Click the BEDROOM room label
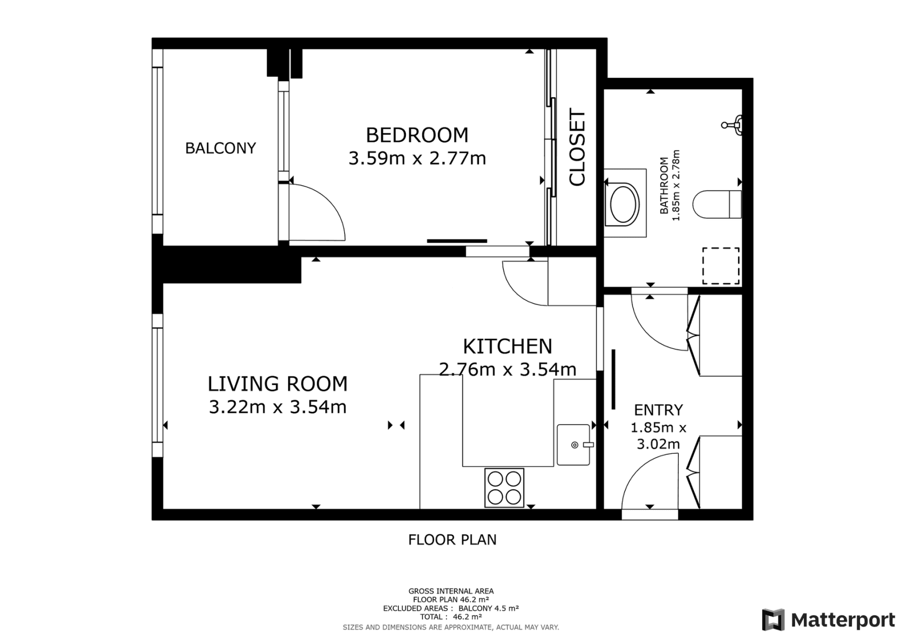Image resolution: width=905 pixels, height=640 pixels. [417, 135]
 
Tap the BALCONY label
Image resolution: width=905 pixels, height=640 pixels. [220, 148]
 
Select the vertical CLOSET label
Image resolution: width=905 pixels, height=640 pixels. [578, 147]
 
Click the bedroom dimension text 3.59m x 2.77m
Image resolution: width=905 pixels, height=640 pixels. [417, 158]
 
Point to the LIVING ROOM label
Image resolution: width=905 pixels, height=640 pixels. [277, 383]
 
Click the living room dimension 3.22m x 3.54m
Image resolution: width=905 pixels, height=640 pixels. [277, 407]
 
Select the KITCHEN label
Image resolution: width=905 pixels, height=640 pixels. [507, 346]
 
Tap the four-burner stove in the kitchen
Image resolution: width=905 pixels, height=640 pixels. [504, 487]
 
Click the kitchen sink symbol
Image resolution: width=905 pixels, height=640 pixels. [574, 444]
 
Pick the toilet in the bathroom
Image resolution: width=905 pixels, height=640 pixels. [716, 204]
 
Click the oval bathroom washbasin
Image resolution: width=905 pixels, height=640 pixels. [624, 204]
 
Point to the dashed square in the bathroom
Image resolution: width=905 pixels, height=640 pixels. [720, 266]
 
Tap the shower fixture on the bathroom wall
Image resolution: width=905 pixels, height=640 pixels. [733, 125]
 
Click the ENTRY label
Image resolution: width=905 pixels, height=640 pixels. [658, 410]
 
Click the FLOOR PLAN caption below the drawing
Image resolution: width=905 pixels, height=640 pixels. [452, 540]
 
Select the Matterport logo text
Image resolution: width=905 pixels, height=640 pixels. [843, 620]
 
